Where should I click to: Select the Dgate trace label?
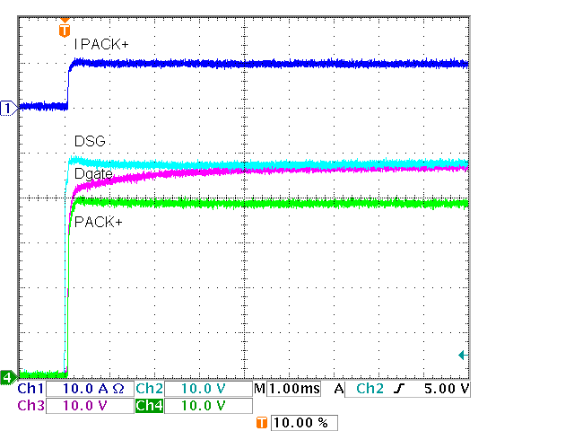click(93, 173)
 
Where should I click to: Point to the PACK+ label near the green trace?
click(99, 222)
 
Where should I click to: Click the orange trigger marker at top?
click(63, 29)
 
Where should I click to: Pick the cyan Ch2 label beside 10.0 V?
click(150, 390)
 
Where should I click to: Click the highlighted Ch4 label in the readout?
click(150, 406)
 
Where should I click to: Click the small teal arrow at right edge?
click(462, 356)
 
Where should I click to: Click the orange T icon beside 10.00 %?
click(262, 423)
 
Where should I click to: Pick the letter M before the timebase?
click(259, 390)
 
